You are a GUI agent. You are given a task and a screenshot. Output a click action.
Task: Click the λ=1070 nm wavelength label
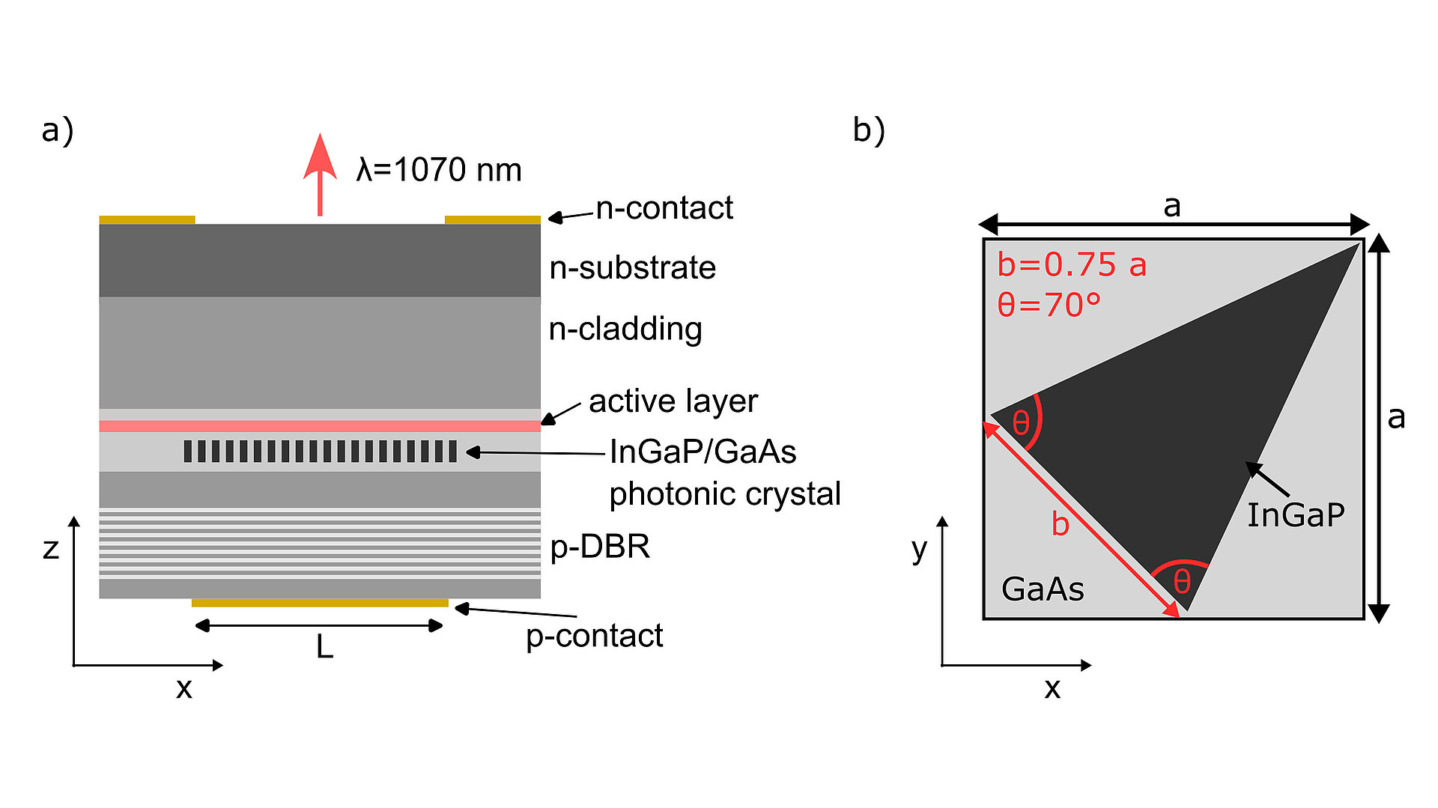click(x=439, y=170)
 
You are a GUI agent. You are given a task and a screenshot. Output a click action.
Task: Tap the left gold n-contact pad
click(x=148, y=220)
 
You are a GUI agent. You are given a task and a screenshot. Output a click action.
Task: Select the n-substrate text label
click(x=632, y=268)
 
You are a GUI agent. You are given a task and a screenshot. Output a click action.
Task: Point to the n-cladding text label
click(x=625, y=329)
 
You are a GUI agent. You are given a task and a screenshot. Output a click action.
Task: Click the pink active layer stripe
click(x=320, y=426)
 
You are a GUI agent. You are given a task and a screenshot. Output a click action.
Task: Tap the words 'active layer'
click(x=673, y=401)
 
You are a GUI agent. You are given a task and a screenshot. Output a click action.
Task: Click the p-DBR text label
click(x=600, y=547)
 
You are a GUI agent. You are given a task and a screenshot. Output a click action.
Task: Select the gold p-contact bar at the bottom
click(x=320, y=603)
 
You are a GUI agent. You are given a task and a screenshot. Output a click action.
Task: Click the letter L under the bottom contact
click(x=324, y=646)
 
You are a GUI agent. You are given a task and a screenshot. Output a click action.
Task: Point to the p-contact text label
click(x=594, y=637)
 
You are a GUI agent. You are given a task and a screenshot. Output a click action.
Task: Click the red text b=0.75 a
click(x=1071, y=265)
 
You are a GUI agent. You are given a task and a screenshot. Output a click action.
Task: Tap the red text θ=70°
click(x=1049, y=305)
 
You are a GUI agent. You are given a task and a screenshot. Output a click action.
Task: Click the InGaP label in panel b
click(x=1295, y=515)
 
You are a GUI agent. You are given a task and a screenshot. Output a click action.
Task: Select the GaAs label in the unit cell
click(x=1043, y=589)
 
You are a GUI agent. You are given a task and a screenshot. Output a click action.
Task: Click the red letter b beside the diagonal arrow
click(x=1060, y=523)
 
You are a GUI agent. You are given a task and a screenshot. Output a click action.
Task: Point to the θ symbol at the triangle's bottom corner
click(x=1182, y=581)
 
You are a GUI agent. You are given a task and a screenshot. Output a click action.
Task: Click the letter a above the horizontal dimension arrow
click(x=1172, y=205)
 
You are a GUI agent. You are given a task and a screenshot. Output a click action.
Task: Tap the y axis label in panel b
click(x=919, y=550)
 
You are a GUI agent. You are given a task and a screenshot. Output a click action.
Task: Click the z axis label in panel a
click(x=51, y=549)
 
